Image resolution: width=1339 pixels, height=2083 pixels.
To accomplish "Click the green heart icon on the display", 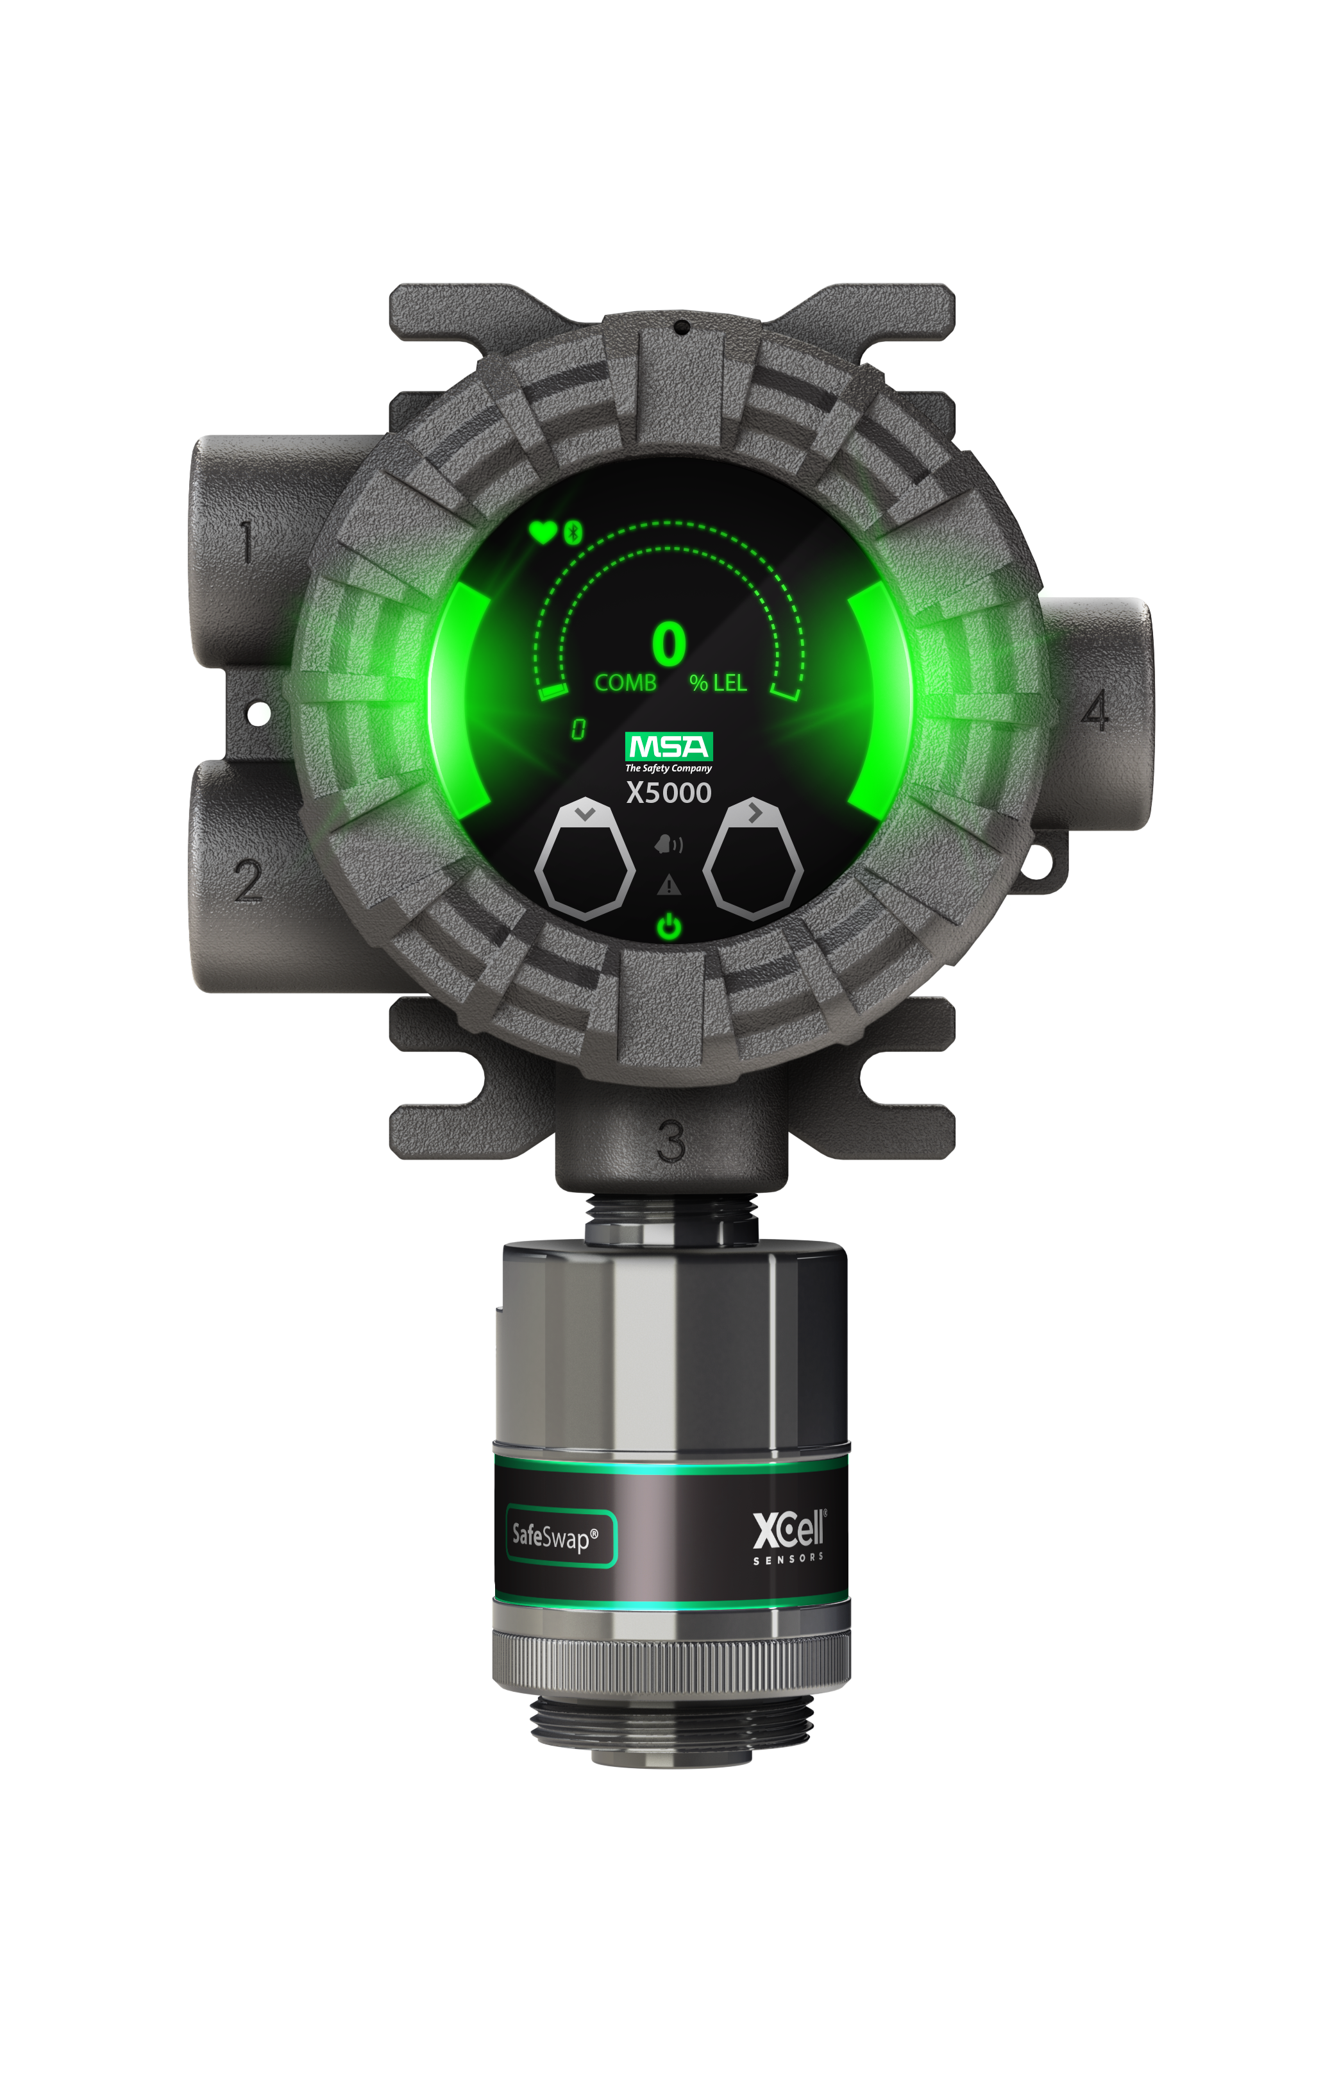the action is [543, 532].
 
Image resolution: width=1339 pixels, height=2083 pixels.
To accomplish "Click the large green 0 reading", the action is [669, 643].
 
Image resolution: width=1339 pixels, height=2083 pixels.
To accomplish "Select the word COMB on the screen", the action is [625, 682].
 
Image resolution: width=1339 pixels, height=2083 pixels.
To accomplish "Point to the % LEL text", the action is [718, 682].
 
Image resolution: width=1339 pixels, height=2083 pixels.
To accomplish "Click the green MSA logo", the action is [669, 746].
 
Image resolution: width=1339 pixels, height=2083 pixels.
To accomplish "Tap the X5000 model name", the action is [669, 793].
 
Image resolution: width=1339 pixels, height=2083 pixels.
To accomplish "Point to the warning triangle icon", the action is [669, 885].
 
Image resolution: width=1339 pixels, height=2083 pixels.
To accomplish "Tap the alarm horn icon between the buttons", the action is [669, 843].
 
